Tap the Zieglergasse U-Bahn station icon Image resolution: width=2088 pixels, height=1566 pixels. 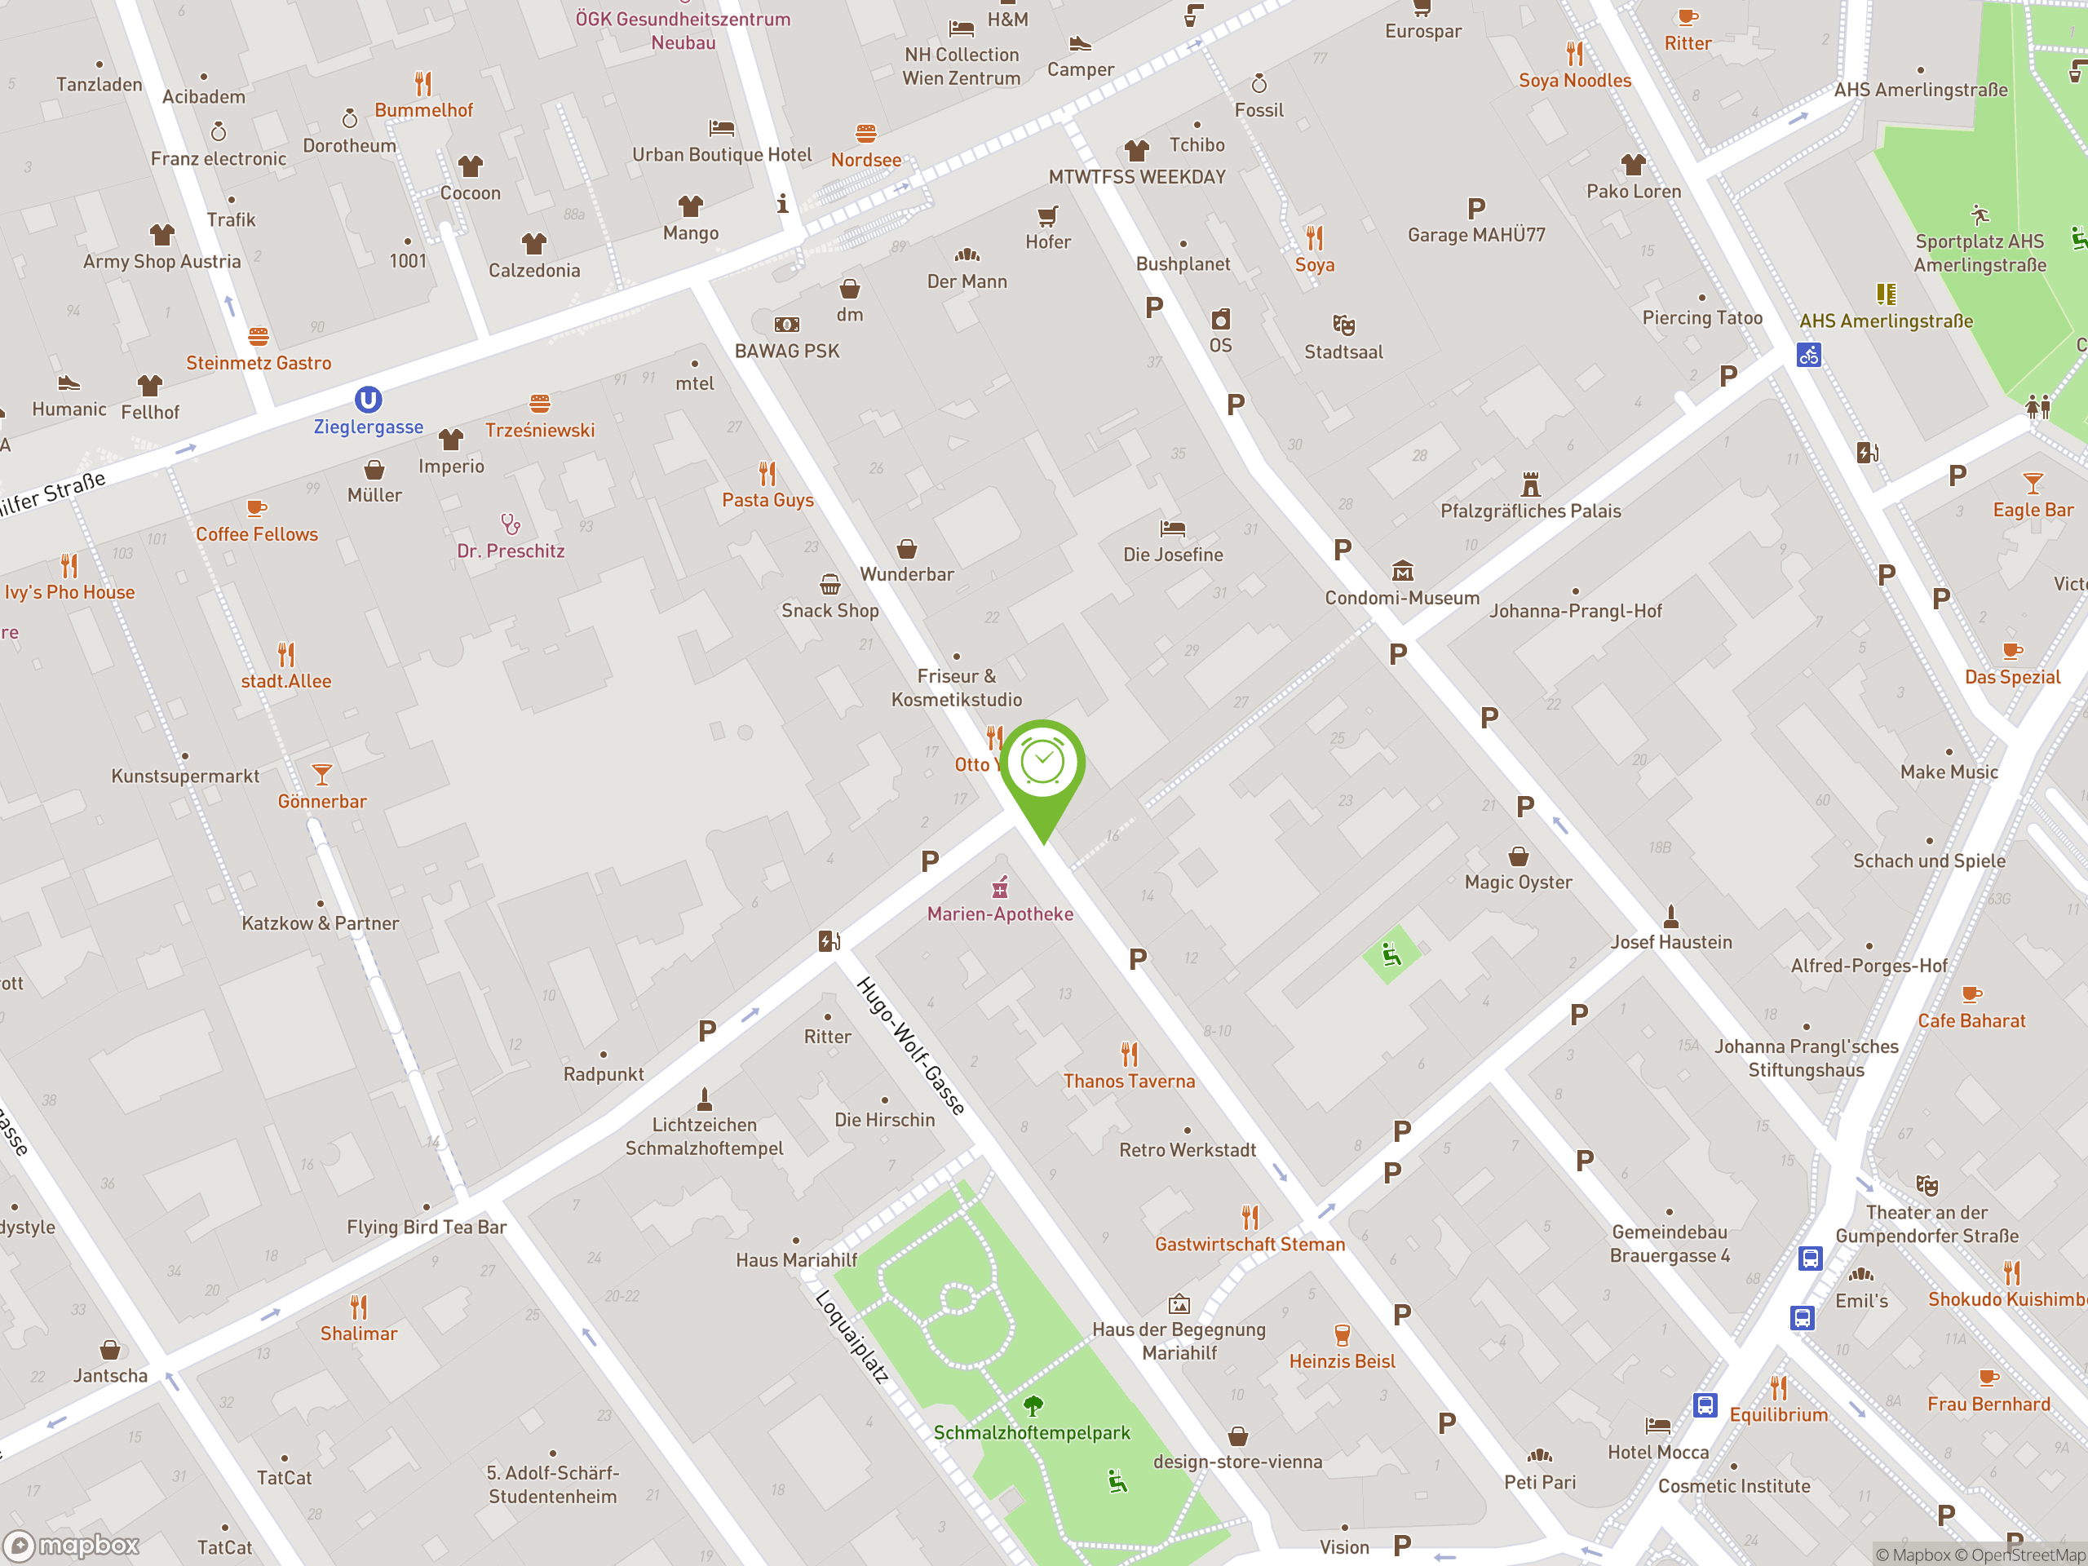[x=368, y=400]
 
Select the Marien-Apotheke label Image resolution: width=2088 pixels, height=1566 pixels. [x=1000, y=913]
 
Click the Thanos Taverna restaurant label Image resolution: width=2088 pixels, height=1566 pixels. [x=1129, y=1081]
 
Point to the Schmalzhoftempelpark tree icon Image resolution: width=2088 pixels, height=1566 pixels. [x=1033, y=1406]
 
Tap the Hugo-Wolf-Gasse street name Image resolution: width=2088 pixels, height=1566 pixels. [x=911, y=1046]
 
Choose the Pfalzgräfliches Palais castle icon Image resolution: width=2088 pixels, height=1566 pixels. [x=1530, y=485]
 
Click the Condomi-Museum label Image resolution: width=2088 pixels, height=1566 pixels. [x=1402, y=598]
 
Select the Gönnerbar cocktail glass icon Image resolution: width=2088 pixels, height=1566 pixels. [x=322, y=775]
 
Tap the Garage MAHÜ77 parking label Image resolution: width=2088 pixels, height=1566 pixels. [x=1476, y=235]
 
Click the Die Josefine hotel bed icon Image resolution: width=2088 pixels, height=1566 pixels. [x=1172, y=529]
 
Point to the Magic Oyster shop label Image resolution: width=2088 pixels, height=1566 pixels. [x=1518, y=882]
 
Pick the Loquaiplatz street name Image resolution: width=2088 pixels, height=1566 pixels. [x=852, y=1337]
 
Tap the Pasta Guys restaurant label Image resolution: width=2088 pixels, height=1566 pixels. [x=768, y=499]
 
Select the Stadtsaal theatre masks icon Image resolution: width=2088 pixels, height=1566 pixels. [x=1343, y=325]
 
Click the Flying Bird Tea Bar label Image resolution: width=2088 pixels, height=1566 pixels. [x=427, y=1228]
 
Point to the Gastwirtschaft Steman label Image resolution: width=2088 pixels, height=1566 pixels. [x=1250, y=1244]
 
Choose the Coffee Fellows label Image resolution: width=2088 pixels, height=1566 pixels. [x=257, y=534]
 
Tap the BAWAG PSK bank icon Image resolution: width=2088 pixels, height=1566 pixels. [x=786, y=325]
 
